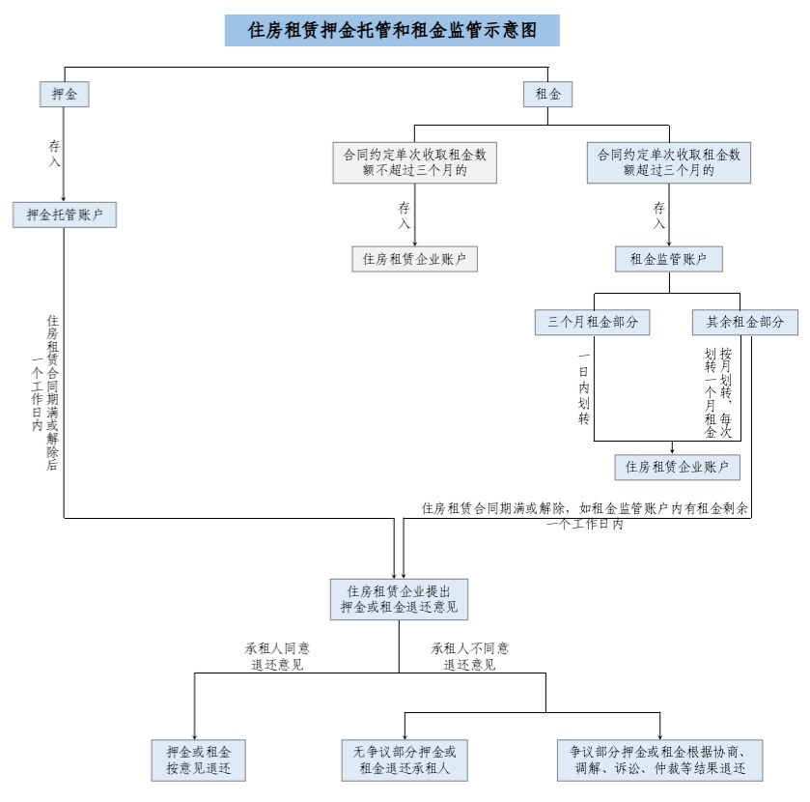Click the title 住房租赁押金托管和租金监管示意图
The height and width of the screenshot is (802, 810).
[391, 30]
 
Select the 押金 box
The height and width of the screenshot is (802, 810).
[65, 95]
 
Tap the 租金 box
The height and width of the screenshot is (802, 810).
[547, 95]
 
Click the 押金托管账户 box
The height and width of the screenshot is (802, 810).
[65, 215]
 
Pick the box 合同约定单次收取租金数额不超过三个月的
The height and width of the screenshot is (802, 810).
[414, 162]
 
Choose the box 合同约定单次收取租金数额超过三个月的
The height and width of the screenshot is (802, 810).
[669, 162]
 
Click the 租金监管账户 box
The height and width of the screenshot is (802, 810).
[669, 258]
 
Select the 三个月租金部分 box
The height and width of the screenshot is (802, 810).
[593, 322]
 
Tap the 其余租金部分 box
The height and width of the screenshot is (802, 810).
[744, 322]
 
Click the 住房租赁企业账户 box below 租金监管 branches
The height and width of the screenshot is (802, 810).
[677, 467]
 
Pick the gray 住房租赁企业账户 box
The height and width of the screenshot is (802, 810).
[414, 258]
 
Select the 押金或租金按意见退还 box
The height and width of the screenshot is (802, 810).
[199, 760]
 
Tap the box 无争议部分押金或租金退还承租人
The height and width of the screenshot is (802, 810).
[404, 760]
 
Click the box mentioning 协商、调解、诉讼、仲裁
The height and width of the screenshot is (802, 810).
[660, 760]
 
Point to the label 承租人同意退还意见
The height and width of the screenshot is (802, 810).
[277, 656]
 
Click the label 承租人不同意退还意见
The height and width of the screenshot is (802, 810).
[470, 656]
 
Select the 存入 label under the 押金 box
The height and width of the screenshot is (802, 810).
[55, 153]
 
